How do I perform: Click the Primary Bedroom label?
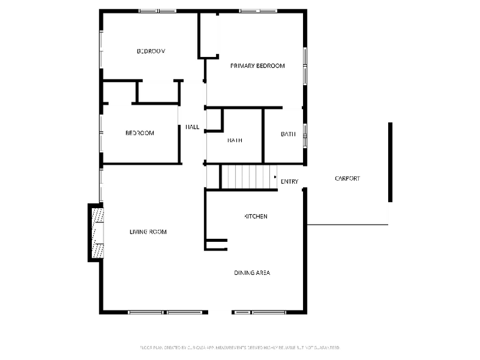[257, 66]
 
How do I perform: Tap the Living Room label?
[148, 231]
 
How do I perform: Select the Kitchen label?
[256, 216]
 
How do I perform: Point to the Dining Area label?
[252, 272]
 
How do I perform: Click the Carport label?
[347, 179]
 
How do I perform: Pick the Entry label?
[289, 181]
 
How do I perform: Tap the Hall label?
[192, 127]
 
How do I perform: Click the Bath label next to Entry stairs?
[234, 140]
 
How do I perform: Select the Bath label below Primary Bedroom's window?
[288, 134]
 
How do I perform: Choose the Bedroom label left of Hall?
[140, 133]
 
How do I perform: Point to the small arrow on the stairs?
[275, 177]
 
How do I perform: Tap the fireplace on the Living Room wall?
[96, 233]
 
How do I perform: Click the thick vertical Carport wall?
[390, 162]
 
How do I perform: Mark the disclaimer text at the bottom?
[240, 347]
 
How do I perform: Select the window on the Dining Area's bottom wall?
[260, 312]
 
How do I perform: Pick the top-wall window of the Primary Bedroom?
[258, 10]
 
